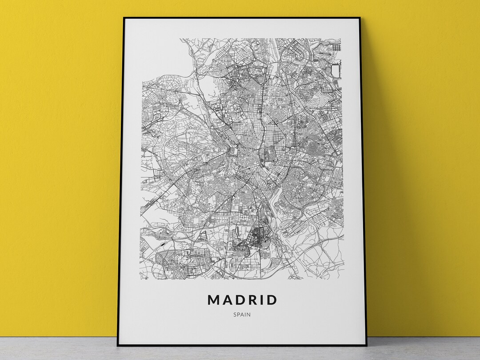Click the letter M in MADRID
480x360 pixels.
pos(214,300)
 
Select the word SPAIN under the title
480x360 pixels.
pos(241,315)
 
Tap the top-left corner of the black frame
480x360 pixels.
pos(124,18)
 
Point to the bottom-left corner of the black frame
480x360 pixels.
pos(118,345)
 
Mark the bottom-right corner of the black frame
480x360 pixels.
pos(366,345)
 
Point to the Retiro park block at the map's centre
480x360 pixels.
pos(269,154)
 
